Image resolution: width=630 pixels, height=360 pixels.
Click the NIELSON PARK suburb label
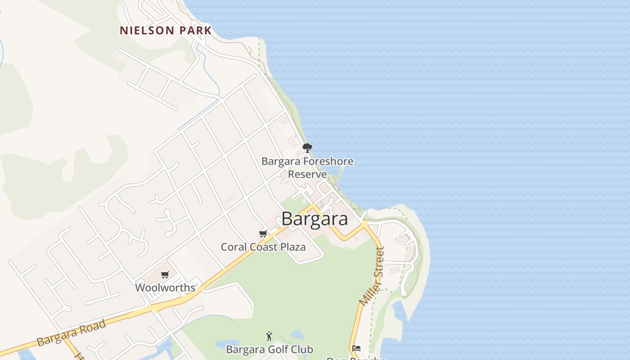point(166,31)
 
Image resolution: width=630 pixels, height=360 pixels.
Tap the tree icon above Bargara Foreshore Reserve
point(307,148)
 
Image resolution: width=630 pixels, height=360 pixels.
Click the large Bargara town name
point(315,219)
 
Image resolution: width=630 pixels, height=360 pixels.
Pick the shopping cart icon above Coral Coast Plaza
point(263,234)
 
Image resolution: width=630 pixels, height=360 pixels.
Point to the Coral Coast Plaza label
point(263,247)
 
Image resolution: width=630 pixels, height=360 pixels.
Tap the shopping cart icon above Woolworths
point(165,274)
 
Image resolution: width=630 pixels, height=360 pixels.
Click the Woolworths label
point(165,288)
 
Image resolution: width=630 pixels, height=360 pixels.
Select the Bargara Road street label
point(72,333)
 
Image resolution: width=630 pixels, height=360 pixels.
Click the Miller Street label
point(373,276)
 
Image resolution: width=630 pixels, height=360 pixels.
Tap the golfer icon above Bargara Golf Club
point(269,336)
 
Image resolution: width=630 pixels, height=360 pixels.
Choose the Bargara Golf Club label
point(269,349)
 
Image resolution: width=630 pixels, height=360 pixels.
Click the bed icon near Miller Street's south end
point(356,348)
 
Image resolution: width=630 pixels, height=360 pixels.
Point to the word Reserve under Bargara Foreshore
point(307,174)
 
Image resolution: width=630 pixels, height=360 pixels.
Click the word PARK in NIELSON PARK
point(194,31)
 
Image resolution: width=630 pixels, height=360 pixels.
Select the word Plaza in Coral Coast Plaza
point(292,247)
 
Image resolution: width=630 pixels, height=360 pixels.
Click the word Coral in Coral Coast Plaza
point(233,247)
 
